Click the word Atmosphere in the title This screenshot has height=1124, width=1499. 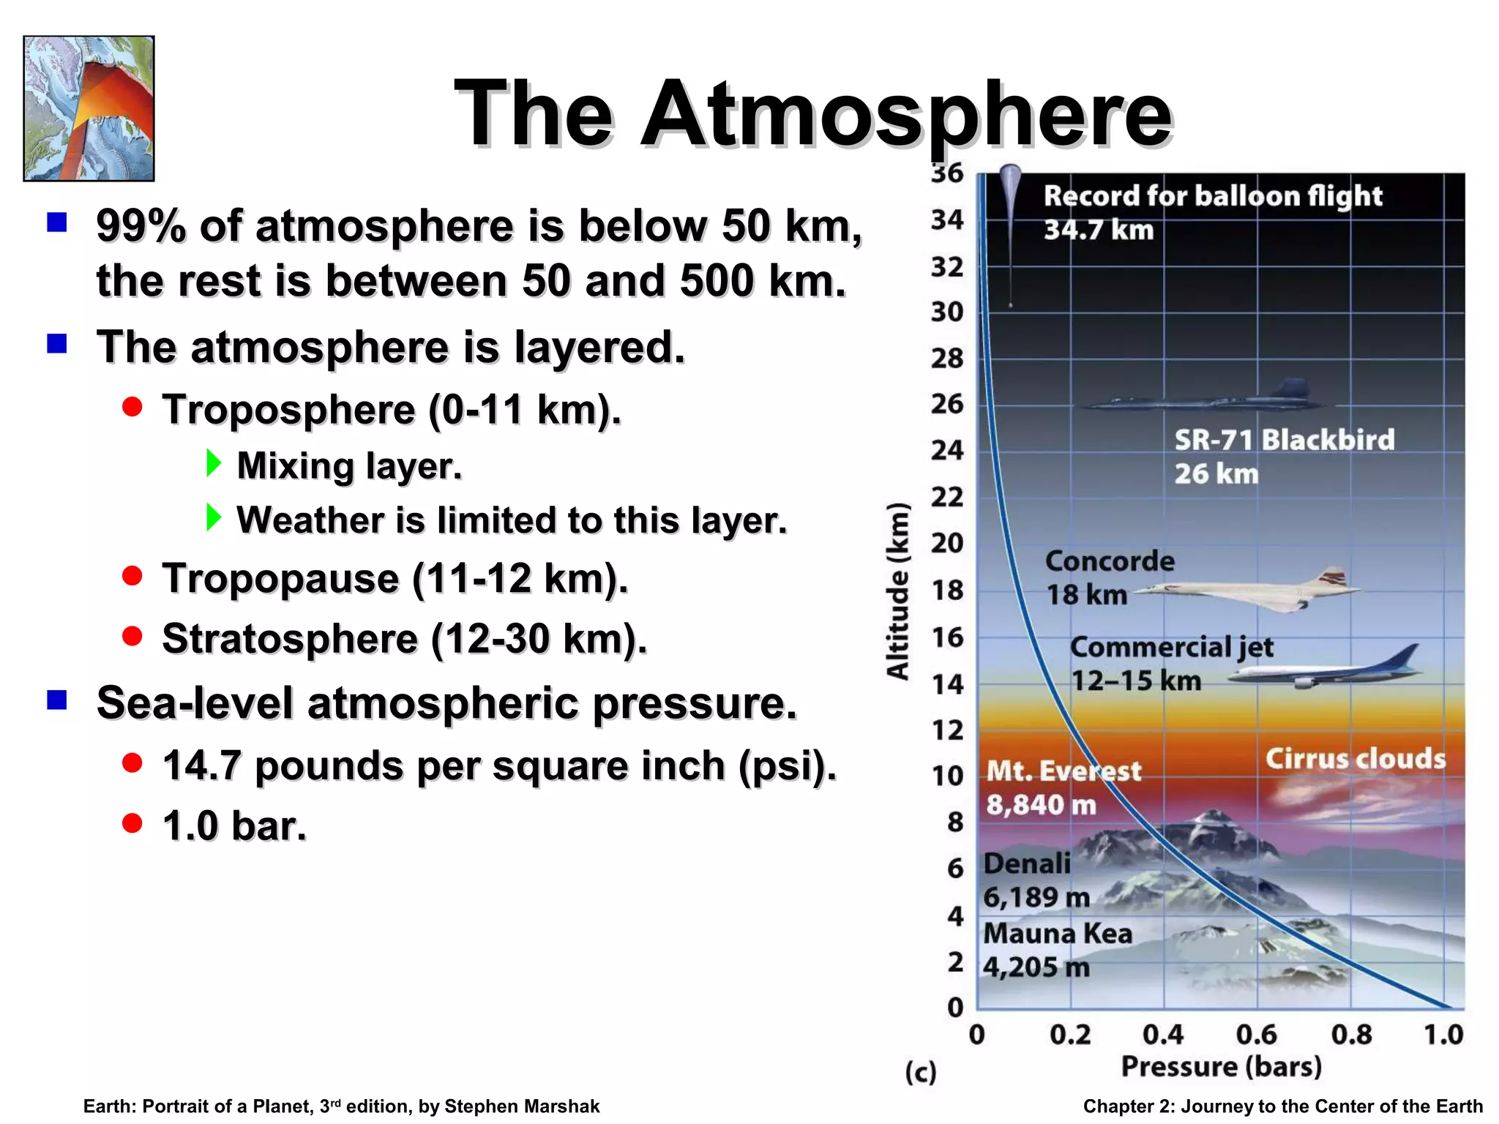(908, 116)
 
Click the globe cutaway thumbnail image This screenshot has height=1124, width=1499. (89, 108)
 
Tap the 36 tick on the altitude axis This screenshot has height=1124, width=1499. (947, 173)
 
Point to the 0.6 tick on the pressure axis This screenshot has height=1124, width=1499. (1256, 1035)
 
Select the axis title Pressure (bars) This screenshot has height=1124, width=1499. (1221, 1066)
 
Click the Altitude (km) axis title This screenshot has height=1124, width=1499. (898, 591)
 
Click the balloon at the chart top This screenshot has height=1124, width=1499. (1010, 183)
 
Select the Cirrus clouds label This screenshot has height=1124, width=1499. (1356, 759)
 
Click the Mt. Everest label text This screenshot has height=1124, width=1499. (1063, 771)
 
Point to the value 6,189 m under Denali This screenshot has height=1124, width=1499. (1036, 897)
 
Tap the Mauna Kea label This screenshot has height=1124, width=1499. (1057, 934)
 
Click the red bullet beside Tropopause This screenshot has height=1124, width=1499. (132, 577)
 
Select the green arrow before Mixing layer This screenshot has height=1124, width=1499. (213, 463)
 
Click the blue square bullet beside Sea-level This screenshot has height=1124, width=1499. (57, 700)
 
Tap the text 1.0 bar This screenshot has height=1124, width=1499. (234, 826)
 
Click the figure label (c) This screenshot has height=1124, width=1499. (920, 1073)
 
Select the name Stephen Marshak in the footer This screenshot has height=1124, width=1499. (521, 1106)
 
